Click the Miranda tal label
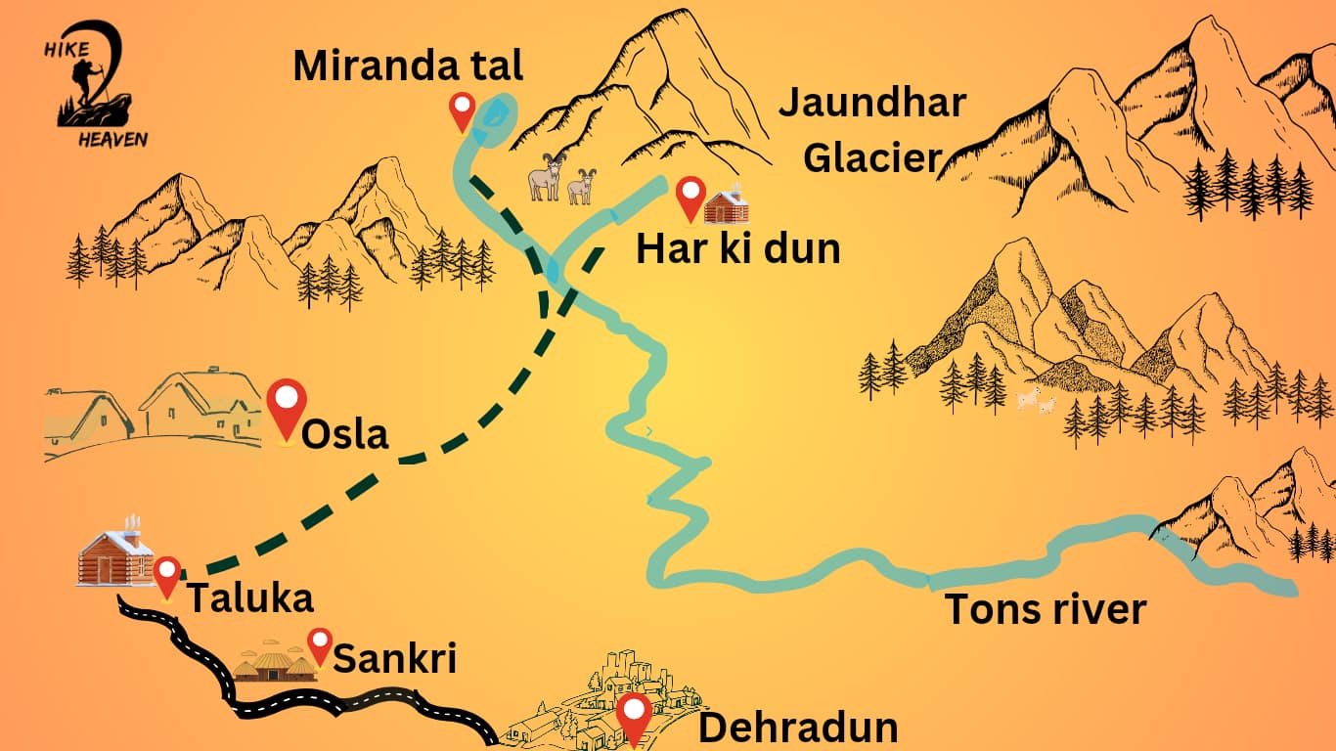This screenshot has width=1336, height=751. [x=408, y=66]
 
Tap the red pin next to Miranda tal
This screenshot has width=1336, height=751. [x=462, y=110]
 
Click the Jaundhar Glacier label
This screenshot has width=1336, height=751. [x=871, y=129]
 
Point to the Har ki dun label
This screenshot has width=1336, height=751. [x=738, y=249]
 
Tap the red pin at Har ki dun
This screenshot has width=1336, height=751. [x=691, y=198]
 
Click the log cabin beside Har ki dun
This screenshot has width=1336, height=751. [x=727, y=204]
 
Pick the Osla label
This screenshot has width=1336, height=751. [x=345, y=434]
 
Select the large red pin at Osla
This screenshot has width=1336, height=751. [x=287, y=410]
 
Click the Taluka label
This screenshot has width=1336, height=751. [x=249, y=597]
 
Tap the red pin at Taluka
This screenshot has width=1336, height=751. [x=167, y=576]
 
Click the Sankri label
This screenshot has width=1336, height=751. [x=395, y=659]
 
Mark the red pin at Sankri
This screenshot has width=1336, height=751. [x=320, y=645]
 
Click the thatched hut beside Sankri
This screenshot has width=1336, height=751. [x=274, y=663]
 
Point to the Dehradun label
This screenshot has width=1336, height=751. [x=798, y=729]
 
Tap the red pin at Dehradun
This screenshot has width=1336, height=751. [x=635, y=719]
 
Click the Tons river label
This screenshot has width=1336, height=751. [x=1045, y=609]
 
